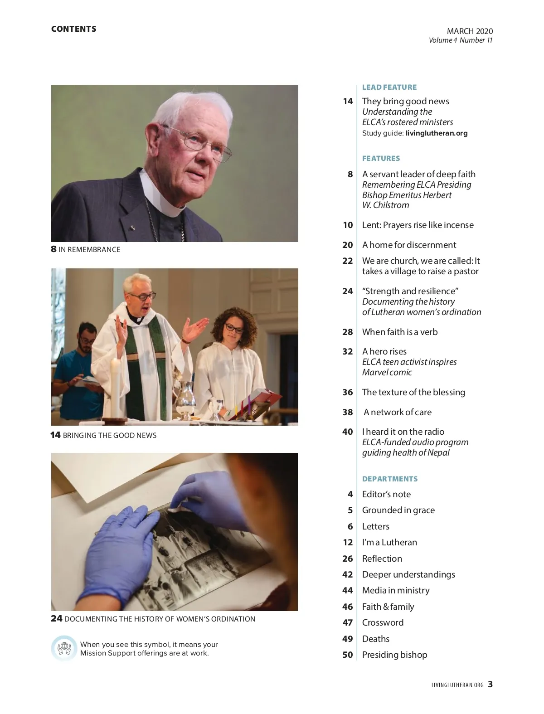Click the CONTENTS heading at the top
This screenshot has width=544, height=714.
(x=73, y=29)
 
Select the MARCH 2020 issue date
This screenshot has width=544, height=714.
(x=470, y=31)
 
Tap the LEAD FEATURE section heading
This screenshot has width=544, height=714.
(x=389, y=87)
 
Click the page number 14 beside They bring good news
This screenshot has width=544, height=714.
(x=348, y=101)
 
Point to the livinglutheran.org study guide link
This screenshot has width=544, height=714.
(x=437, y=133)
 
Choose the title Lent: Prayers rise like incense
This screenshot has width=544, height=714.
(x=418, y=225)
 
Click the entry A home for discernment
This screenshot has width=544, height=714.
(x=409, y=245)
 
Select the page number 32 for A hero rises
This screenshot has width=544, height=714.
(x=347, y=351)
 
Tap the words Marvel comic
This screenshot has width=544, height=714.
(x=387, y=372)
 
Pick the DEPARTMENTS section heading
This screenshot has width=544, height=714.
(x=389, y=479)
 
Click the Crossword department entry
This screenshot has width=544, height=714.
(x=383, y=622)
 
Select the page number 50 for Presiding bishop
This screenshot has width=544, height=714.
(x=347, y=655)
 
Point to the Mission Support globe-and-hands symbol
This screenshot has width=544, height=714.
(x=64, y=648)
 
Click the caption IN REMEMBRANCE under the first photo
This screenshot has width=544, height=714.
(x=89, y=249)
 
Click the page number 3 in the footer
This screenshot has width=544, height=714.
(x=491, y=685)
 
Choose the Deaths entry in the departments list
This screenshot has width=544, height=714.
(x=375, y=639)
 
